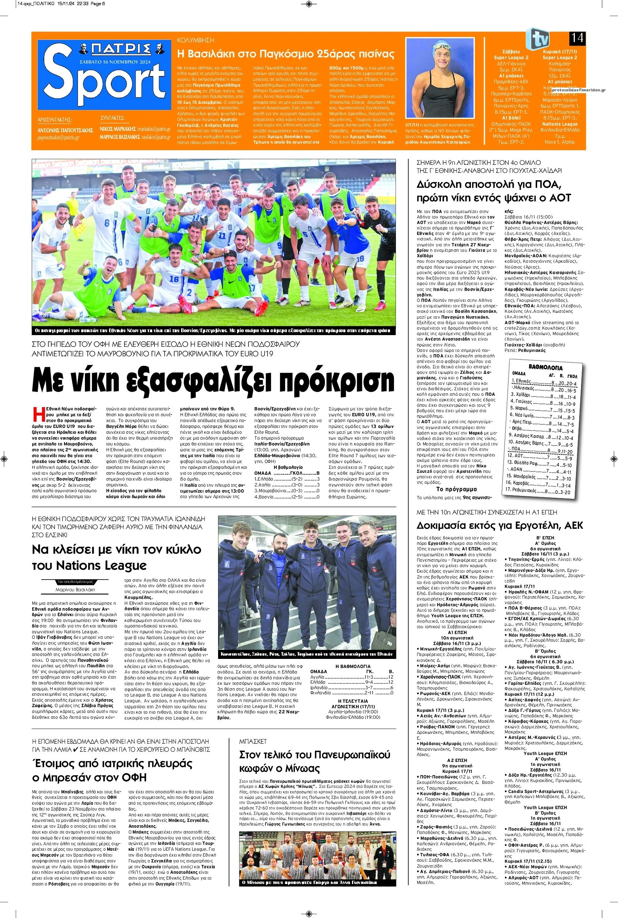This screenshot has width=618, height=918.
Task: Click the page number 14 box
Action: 577,39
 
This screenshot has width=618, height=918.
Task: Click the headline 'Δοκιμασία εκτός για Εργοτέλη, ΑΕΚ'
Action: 500,526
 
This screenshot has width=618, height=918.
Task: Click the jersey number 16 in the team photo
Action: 174,279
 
